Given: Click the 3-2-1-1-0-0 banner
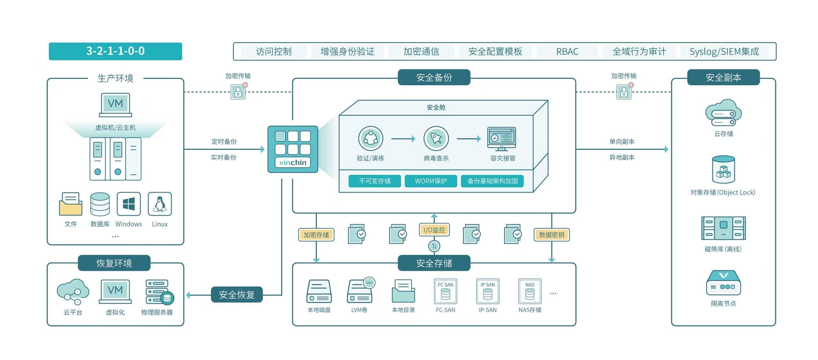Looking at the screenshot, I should coord(115,51).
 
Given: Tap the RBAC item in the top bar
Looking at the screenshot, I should coord(567,52).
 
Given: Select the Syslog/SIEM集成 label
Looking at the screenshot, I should coord(724,52).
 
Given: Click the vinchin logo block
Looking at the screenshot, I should coord(293,149).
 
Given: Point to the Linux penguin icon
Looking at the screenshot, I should coord(160,204).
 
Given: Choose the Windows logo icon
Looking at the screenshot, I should coord(129,204).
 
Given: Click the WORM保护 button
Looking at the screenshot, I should coord(431,181).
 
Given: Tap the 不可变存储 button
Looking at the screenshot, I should coord(375,181).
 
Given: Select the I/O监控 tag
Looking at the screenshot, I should coord(434,230).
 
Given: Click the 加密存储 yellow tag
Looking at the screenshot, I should coord(316,235).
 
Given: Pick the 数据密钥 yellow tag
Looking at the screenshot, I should coord(551,235).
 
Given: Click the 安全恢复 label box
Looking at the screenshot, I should coord(236,295).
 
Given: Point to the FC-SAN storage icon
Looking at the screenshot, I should coord(446,291).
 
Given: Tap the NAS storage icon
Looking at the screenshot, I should coord(530,291).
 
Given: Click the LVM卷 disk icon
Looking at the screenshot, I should coord(360,291).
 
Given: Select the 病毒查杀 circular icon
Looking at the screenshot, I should coord(436,139).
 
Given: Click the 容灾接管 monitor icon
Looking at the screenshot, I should coord(501,139).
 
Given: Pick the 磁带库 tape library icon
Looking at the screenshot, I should coord(723,228).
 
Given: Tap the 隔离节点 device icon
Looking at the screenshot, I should coord(723,283).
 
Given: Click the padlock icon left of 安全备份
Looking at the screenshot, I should coord(238,92).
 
